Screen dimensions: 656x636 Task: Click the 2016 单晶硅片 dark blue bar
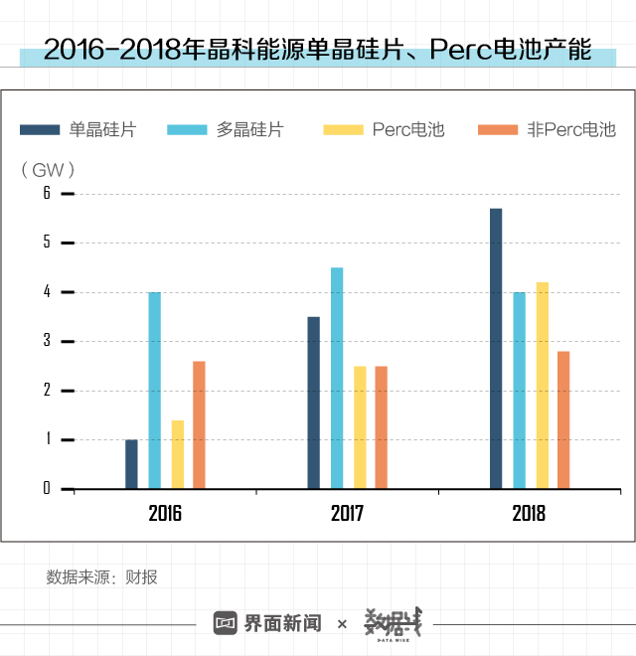coord(131,464)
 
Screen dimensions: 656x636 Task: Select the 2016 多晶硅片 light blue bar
coord(154,391)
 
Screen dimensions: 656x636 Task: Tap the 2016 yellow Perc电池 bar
coord(177,454)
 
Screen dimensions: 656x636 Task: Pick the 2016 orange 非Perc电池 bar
coord(199,424)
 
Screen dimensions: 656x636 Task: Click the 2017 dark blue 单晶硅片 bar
coord(313,403)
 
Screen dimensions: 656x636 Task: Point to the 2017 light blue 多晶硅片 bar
coord(337,378)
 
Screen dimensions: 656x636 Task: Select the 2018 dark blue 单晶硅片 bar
coord(496,349)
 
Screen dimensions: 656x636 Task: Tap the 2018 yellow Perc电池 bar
coord(542,386)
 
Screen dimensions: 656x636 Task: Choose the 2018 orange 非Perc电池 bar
coord(563,419)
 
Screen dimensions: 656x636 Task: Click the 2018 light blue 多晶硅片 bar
coord(519,391)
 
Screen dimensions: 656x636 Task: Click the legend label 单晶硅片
coord(103,130)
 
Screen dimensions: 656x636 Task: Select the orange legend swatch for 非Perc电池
coord(498,130)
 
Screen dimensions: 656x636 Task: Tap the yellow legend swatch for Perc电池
coord(344,130)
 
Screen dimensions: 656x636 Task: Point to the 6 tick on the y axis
coord(46,194)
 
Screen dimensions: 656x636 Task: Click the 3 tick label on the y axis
coord(46,341)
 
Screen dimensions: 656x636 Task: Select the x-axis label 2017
coord(347,514)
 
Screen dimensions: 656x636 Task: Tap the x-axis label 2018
coord(529,514)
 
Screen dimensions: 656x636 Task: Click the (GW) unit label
coord(48,170)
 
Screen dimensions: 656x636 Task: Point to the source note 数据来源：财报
coord(101,577)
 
